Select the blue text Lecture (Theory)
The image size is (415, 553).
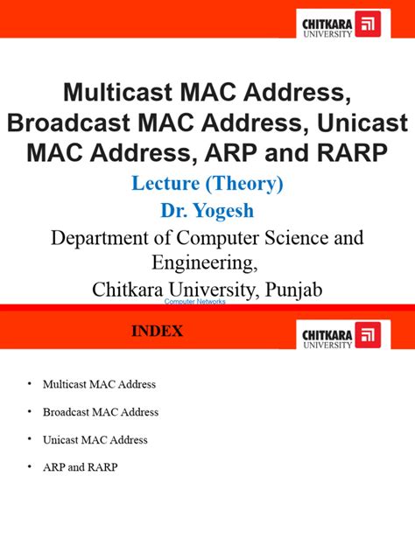tap(207, 185)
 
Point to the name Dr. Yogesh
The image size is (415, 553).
tap(207, 211)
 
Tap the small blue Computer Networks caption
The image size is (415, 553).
tap(195, 301)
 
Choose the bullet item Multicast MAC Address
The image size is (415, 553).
tap(100, 384)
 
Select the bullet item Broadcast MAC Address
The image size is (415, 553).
tap(101, 411)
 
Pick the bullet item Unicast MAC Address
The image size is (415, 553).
tap(95, 439)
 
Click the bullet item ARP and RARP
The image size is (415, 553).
tap(80, 467)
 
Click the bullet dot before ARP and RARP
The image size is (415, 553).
tap(28, 467)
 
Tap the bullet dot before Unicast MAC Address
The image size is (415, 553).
tap(28, 439)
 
